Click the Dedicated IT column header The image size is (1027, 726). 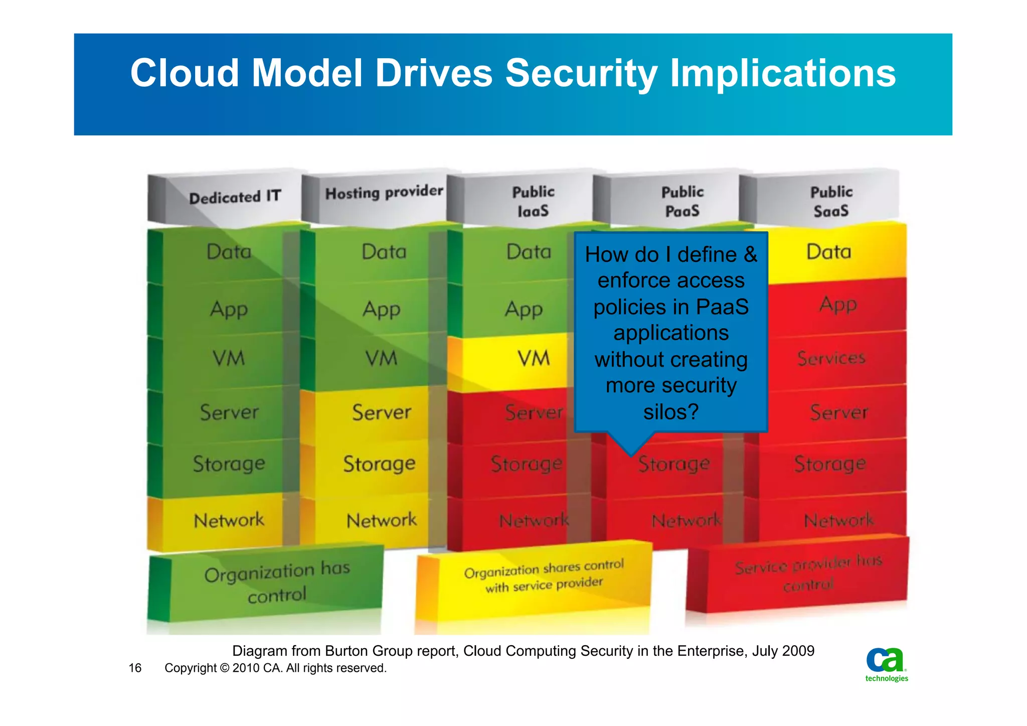(234, 197)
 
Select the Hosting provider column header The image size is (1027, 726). (384, 193)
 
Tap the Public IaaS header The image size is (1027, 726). (533, 201)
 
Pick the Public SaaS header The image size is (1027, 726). (831, 201)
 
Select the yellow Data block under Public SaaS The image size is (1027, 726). (828, 252)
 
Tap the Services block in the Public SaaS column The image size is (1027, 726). (831, 358)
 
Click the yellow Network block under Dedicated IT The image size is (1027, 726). (229, 521)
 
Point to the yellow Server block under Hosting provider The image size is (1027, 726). (381, 413)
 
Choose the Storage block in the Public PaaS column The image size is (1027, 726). (674, 465)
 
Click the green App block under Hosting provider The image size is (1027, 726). (381, 310)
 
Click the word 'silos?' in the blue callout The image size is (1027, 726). (670, 412)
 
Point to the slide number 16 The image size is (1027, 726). (135, 668)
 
